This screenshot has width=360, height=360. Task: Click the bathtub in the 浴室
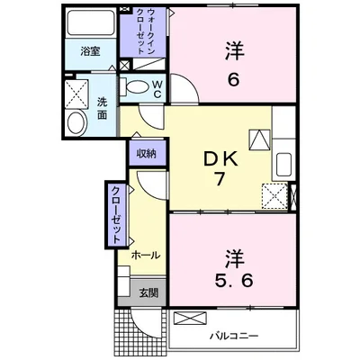click(91, 22)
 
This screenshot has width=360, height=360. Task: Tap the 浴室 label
click(90, 51)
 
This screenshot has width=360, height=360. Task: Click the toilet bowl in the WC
click(137, 86)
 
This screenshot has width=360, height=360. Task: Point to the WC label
click(157, 89)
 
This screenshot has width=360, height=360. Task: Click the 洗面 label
click(102, 108)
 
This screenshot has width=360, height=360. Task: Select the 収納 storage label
click(147, 154)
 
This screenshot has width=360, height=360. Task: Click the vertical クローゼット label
click(116, 215)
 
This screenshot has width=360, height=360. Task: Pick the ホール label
click(146, 256)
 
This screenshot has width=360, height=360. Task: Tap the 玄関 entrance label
click(148, 292)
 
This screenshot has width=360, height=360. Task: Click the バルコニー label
click(234, 336)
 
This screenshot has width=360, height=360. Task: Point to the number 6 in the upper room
click(234, 80)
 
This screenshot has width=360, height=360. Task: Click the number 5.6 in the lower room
click(234, 281)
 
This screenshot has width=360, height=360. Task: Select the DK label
click(220, 159)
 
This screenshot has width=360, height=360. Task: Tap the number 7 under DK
click(219, 179)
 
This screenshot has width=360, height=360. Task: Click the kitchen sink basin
click(283, 165)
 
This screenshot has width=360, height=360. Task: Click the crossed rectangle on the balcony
click(190, 318)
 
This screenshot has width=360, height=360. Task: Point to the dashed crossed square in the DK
click(274, 196)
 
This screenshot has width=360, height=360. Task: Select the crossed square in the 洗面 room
click(76, 94)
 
